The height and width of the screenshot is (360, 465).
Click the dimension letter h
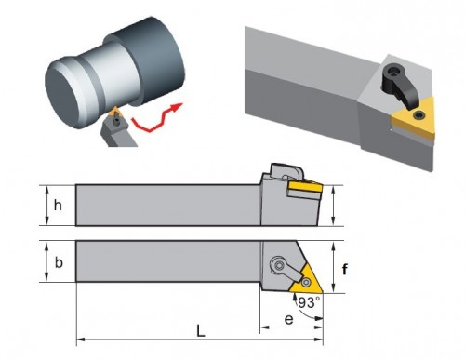[58, 205]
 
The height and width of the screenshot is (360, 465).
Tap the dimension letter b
[59, 262]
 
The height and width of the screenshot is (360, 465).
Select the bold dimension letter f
[345, 269]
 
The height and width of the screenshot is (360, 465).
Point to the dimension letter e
[288, 319]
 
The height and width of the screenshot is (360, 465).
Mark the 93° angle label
[308, 302]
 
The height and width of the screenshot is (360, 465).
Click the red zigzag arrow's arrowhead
[176, 107]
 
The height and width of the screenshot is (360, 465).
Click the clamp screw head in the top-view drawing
[279, 265]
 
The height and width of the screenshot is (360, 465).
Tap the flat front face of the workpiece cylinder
[64, 97]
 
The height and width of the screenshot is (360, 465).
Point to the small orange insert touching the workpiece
[115, 111]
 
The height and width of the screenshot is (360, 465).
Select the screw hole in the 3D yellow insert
[418, 115]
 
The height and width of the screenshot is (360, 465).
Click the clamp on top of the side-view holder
[286, 171]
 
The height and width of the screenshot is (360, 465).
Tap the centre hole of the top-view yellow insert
[307, 282]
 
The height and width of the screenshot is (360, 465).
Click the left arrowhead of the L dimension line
[80, 340]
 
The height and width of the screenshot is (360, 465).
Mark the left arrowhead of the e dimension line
[264, 327]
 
